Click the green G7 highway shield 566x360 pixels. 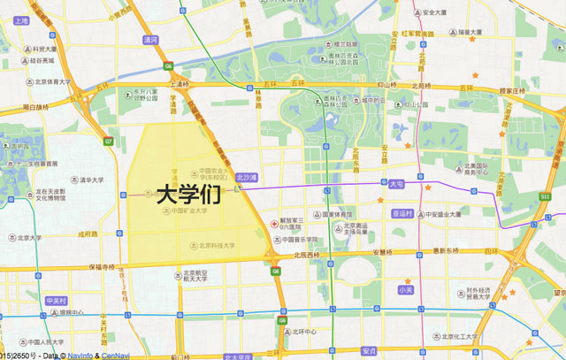109,141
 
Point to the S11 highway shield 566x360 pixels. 546,195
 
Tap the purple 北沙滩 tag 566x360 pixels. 246,178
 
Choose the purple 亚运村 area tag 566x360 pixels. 402,213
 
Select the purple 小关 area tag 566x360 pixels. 406,289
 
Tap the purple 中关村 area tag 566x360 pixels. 57,301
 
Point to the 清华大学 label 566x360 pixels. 93,180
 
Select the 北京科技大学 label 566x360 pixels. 217,245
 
